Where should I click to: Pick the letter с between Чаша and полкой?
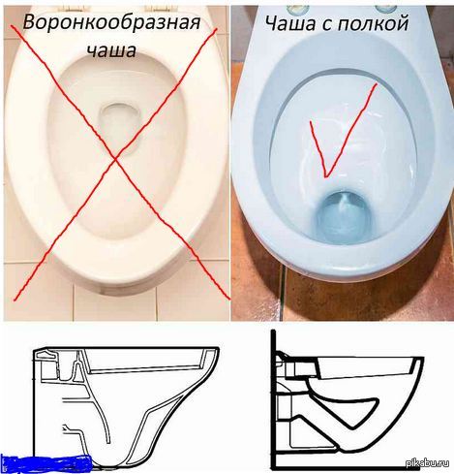(346, 22)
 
